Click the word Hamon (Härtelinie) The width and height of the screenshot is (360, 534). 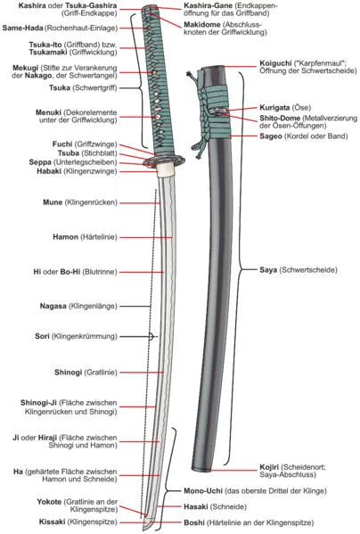(x=65, y=237)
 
